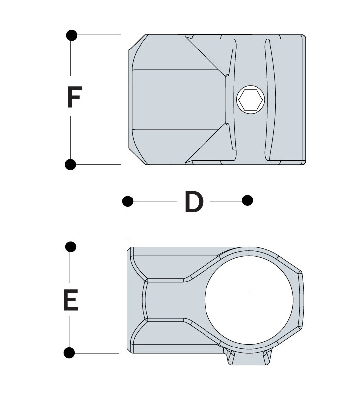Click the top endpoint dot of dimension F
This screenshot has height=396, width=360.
[71, 35]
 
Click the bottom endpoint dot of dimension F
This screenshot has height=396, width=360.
[71, 164]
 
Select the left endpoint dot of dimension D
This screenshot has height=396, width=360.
[128, 201]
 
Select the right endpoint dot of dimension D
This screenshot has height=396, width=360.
[247, 201]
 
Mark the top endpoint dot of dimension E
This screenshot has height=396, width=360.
[70, 246]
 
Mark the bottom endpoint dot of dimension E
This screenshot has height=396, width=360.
[70, 353]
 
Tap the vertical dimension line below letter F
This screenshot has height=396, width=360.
[71, 139]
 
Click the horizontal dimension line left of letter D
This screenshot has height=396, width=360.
[154, 201]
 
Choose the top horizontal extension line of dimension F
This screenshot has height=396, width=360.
[99, 35]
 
